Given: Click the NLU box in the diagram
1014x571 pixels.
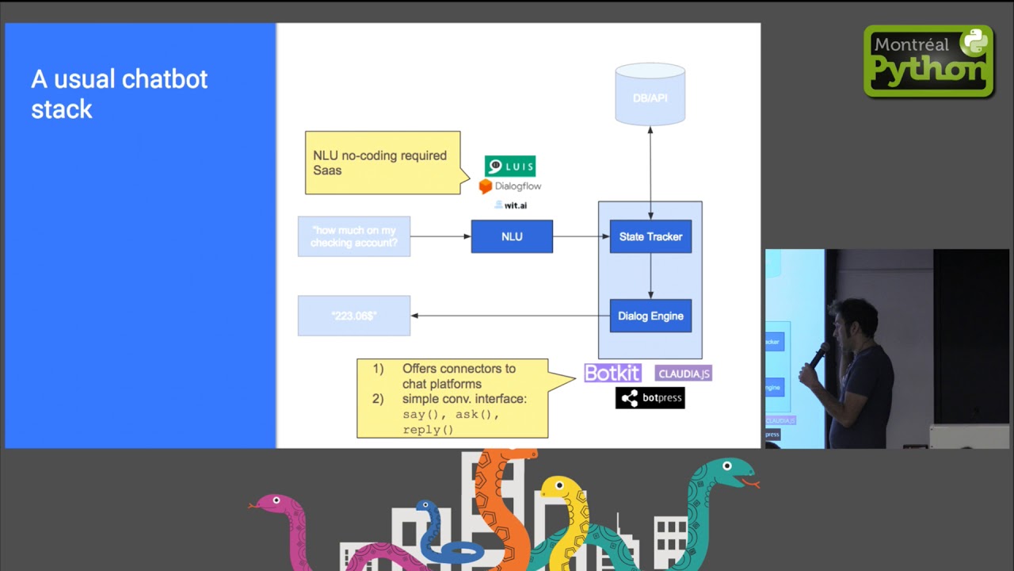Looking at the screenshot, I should [x=512, y=236].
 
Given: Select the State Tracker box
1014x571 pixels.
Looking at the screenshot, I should [x=650, y=236].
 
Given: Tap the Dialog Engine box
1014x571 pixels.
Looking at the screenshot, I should [x=650, y=316].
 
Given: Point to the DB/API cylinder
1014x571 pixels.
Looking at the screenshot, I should [x=650, y=94].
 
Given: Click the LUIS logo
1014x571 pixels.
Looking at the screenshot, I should [x=510, y=166].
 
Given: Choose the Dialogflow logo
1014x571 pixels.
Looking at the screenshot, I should [x=510, y=186].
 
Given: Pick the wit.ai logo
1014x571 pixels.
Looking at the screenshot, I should [x=511, y=205].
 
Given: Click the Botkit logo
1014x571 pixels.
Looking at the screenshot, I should [x=612, y=373].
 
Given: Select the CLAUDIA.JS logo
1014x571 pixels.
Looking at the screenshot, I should [x=684, y=373].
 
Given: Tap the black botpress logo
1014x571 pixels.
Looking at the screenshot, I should [x=650, y=397].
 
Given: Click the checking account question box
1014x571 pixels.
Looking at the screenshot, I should [x=354, y=236].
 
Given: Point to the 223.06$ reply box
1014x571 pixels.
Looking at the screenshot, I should [x=354, y=316].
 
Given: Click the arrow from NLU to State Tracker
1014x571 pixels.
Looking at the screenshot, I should [x=581, y=236].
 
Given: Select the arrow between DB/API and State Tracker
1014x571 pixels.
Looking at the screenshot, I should [x=650, y=171].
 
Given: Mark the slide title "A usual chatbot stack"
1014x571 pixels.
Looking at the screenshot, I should [x=119, y=94].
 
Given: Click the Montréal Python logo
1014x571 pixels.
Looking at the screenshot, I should [x=928, y=61].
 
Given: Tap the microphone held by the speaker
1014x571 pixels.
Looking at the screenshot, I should [x=819, y=354].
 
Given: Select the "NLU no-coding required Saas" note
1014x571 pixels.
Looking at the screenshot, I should [x=382, y=163].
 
